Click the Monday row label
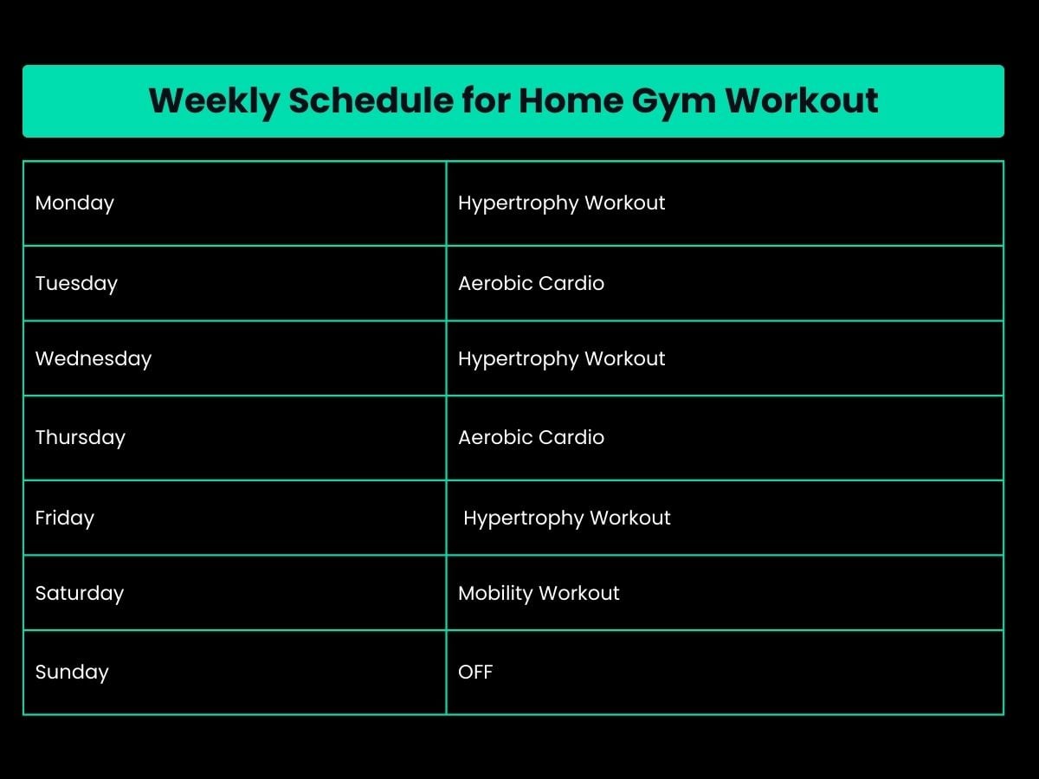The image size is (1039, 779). (74, 203)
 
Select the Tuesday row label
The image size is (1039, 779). (76, 284)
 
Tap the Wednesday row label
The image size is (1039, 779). (94, 359)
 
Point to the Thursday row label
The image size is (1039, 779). (81, 438)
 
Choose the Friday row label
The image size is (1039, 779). (65, 518)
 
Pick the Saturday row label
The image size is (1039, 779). (80, 594)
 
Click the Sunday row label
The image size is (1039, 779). (72, 673)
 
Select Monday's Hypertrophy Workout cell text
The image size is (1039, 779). (561, 203)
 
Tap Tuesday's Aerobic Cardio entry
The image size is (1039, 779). (531, 284)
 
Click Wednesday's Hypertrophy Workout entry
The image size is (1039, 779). (561, 359)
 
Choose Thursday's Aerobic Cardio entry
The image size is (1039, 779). (531, 438)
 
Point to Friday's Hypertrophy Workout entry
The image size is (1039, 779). (566, 518)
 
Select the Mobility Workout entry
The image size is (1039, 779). (539, 594)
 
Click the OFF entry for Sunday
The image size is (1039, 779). (475, 673)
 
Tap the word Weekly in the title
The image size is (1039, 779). (214, 101)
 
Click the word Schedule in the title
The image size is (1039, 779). (370, 101)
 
